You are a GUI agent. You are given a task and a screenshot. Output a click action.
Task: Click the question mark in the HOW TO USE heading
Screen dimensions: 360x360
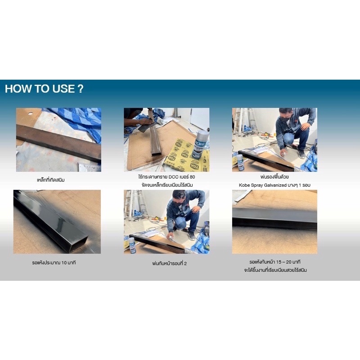pyautogui.click(x=81, y=89)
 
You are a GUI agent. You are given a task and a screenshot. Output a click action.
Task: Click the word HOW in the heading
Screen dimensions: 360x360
pyautogui.click(x=16, y=89)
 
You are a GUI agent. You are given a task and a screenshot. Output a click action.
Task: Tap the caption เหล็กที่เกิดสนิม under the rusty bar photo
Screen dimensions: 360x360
pyautogui.click(x=51, y=180)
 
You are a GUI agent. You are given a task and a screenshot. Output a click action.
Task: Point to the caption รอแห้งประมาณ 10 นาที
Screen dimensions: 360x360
pyautogui.click(x=54, y=263)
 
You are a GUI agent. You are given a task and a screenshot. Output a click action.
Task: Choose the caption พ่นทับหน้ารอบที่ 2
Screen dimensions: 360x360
pyautogui.click(x=170, y=263)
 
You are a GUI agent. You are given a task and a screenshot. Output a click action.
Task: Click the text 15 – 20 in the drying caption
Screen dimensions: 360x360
pyautogui.click(x=284, y=262)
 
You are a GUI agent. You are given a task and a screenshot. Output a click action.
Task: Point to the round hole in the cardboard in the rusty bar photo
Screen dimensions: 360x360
pyautogui.click(x=30, y=114)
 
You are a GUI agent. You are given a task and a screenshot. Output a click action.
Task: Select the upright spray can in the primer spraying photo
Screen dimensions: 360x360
pyautogui.click(x=240, y=162)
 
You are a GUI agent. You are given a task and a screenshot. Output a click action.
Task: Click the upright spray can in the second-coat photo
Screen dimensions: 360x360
pyautogui.click(x=132, y=245)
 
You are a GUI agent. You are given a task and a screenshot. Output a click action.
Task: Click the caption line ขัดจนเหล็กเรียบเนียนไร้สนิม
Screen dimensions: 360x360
pyautogui.click(x=167, y=185)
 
